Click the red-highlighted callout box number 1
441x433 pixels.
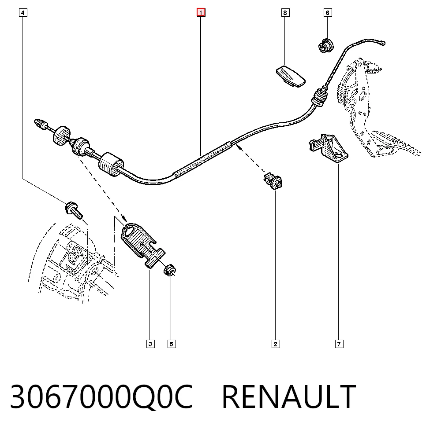201,13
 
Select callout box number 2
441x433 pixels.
275,344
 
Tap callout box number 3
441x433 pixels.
150,344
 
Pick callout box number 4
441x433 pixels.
23,13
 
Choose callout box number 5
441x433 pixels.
172,344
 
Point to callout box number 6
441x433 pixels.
327,13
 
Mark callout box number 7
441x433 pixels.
339,344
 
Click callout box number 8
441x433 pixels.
285,13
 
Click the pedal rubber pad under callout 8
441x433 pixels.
291,76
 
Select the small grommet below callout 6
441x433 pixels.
326,45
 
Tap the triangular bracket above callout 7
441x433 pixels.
329,148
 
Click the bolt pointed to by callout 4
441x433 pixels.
74,210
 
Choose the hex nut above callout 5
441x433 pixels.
170,270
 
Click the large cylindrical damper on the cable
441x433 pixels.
111,165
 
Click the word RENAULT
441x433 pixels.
289,396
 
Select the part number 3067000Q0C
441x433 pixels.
102,396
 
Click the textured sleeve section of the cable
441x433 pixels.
202,160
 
